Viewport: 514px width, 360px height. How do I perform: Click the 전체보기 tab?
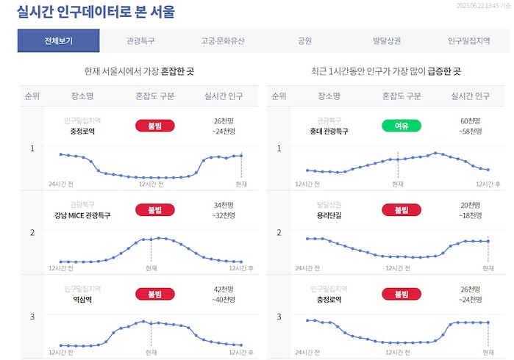pyautogui.click(x=58, y=41)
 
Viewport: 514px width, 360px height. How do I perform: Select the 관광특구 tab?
pyautogui.click(x=140, y=41)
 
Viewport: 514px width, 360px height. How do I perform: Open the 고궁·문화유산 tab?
pyautogui.click(x=223, y=41)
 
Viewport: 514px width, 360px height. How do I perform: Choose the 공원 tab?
pyautogui.click(x=305, y=41)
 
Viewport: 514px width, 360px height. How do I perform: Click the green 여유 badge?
pyautogui.click(x=401, y=126)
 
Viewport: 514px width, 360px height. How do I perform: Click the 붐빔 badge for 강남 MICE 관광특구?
pyautogui.click(x=154, y=209)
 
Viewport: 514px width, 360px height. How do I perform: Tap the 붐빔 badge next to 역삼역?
pyautogui.click(x=154, y=294)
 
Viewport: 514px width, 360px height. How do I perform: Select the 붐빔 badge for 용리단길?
pyautogui.click(x=401, y=209)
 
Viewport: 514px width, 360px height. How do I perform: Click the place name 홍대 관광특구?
pyautogui.click(x=329, y=132)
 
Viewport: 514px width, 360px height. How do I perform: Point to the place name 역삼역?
pyautogui.click(x=81, y=300)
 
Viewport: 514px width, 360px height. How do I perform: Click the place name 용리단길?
pyautogui.click(x=329, y=215)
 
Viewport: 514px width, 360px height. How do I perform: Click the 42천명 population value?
pyautogui.click(x=223, y=289)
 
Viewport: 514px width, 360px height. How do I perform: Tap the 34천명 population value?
pyautogui.click(x=223, y=204)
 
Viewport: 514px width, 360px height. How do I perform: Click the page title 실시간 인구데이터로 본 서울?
pyautogui.click(x=96, y=12)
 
